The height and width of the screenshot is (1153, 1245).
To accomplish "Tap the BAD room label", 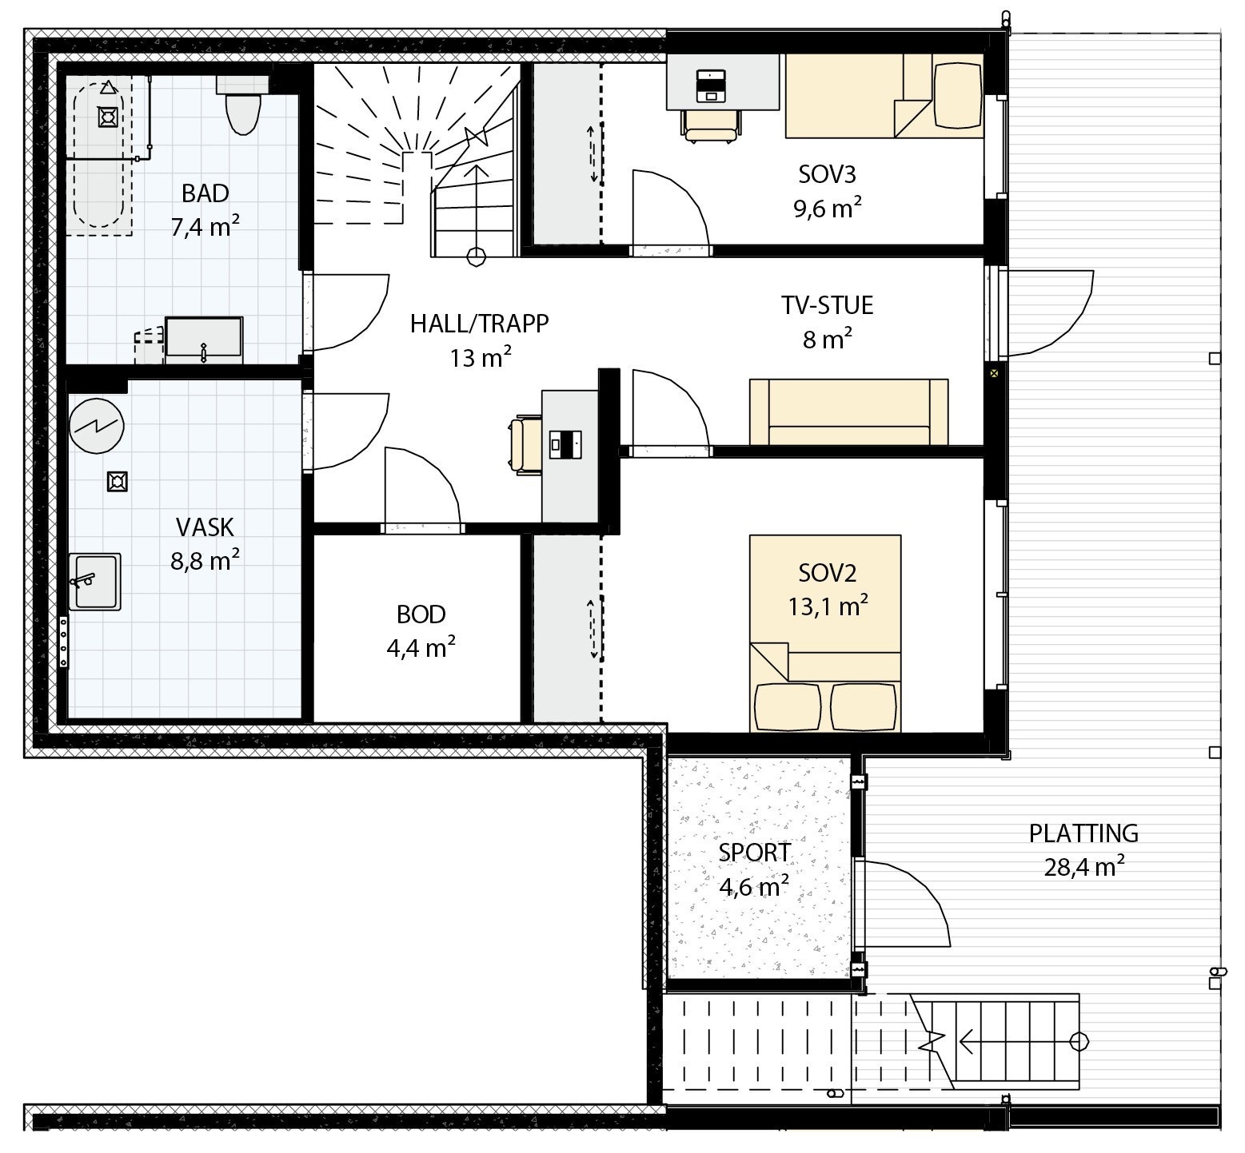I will [205, 193].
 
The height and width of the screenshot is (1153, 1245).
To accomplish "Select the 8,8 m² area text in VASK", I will [205, 561].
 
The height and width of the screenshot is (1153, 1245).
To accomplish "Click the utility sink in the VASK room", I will [94, 581].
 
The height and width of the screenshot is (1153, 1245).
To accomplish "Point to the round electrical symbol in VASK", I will [96, 426].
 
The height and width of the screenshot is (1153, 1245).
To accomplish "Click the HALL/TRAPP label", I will [479, 324].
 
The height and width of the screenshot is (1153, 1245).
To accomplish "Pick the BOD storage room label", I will [421, 614].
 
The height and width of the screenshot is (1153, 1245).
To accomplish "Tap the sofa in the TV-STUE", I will [848, 412].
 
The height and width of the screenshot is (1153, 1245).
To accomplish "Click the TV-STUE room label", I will [827, 305].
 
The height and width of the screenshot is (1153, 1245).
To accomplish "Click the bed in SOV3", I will [884, 96].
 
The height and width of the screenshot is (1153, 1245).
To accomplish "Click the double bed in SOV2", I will [824, 633].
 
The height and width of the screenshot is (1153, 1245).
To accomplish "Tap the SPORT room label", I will [754, 853].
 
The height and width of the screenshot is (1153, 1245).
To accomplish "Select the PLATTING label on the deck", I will [1083, 833].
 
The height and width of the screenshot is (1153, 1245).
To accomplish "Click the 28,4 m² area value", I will [1083, 867].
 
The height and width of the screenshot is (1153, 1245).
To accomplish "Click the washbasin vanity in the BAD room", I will [203, 340].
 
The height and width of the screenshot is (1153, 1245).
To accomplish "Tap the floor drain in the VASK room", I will [118, 481].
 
